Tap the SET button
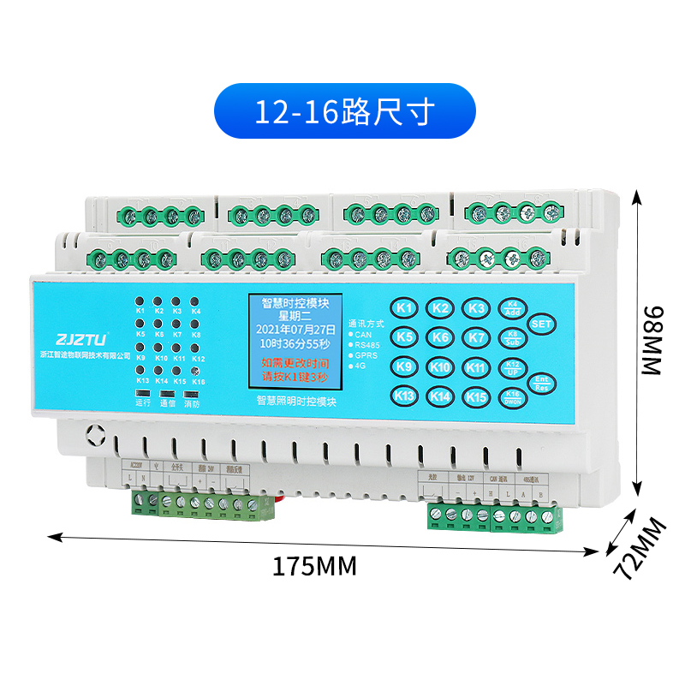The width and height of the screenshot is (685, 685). [541, 325]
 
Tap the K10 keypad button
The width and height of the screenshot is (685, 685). [440, 367]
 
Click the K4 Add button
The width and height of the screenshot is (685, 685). [513, 307]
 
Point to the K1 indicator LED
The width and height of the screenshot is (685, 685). [140, 301]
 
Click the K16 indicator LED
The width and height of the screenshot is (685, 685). [198, 371]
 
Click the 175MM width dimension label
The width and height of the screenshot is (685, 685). [313, 566]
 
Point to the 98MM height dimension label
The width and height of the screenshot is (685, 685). [652, 340]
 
